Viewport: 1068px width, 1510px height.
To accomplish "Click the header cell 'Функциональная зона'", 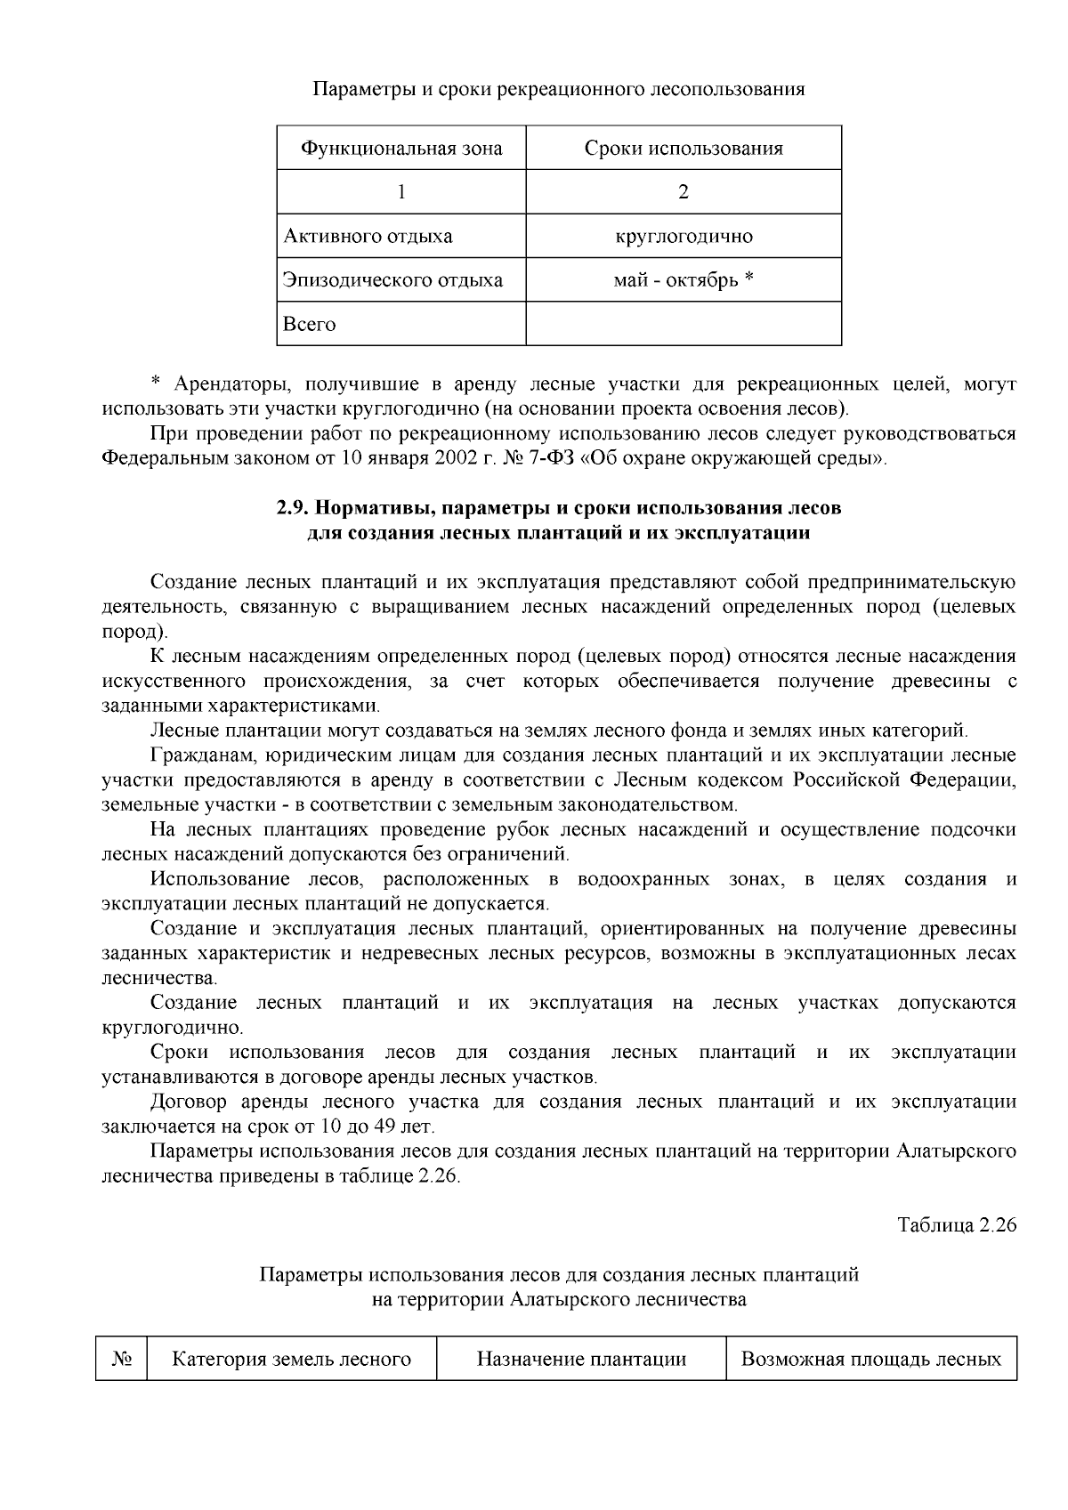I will (401, 149).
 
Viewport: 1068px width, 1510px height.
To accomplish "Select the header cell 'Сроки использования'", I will (684, 149).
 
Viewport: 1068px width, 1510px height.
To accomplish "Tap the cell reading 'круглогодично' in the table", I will (684, 237).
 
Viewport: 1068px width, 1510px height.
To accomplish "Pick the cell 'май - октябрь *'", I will (684, 280).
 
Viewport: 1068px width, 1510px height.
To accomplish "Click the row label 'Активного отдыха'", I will (368, 237).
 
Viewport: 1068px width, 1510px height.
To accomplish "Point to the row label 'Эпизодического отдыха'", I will (392, 280).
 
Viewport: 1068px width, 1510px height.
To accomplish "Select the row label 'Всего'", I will (310, 325).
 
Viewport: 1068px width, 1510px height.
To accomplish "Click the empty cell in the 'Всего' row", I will (684, 324).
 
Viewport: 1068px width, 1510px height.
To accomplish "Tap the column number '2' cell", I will (684, 192).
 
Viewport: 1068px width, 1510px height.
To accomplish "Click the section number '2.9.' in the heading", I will (293, 509).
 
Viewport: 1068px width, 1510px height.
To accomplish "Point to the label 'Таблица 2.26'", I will (957, 1224).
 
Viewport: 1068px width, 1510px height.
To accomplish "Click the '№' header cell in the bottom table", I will (121, 1359).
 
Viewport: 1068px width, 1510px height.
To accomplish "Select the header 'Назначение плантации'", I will (581, 1359).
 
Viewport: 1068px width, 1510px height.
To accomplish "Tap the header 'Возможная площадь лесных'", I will (871, 1359).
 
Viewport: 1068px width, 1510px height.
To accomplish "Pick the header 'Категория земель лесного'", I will (291, 1359).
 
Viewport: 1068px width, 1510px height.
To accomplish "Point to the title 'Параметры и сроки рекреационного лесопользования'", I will (559, 90).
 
